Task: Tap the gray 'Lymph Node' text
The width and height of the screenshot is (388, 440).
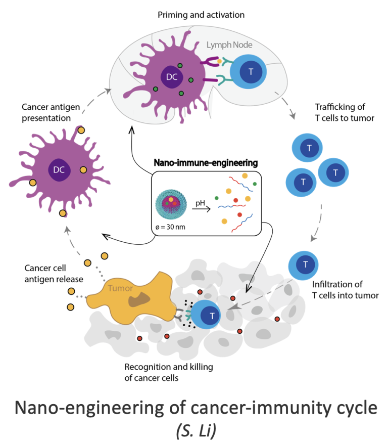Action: coord(229,45)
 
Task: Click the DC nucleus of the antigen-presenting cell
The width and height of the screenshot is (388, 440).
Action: coord(59,170)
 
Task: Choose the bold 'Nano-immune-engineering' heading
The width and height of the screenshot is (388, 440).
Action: coord(206,163)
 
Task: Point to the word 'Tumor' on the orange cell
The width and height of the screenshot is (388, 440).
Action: coord(121,288)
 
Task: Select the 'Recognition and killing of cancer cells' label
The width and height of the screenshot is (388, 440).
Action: coord(165,372)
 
